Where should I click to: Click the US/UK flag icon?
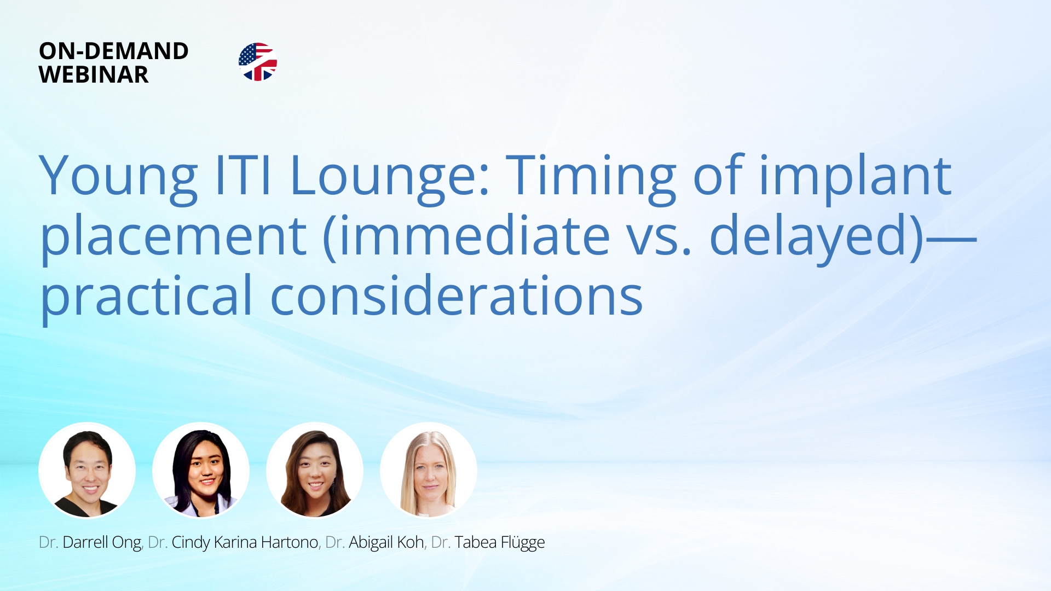click(x=258, y=62)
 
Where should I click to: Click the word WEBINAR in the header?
click(x=94, y=75)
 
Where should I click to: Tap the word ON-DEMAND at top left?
click(x=114, y=51)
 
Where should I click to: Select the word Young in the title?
click(x=118, y=176)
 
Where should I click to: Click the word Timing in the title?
click(x=591, y=176)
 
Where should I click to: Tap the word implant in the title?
click(x=855, y=176)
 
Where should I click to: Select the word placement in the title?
click(x=174, y=236)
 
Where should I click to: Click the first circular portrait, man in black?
click(x=87, y=471)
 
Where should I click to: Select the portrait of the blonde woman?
click(x=429, y=471)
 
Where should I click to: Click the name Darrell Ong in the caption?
click(x=102, y=542)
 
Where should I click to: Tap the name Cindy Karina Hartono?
click(x=245, y=542)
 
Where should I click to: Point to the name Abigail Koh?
click(x=386, y=542)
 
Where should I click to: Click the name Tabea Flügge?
click(x=499, y=542)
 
